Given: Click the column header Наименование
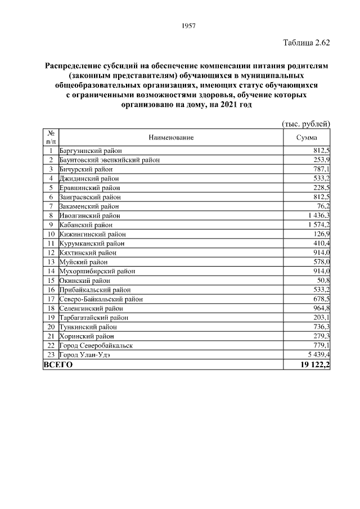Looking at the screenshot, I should coord(171,137).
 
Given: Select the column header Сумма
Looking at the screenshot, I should coord(307,137).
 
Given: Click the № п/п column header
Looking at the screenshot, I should coord(51,137).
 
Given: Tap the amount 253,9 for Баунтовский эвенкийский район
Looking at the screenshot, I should coord(321,160).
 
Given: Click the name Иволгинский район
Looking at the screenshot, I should coord(89,215).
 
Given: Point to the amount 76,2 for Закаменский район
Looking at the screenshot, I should coord(322,206).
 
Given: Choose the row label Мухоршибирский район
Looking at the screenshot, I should coord(96,271).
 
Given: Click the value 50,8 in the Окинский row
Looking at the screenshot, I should coord(322,280).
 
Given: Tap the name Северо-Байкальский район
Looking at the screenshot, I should coord(101,299).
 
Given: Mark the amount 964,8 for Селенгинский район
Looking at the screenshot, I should coord(321,308).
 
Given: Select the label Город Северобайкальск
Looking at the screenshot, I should coord(96,345).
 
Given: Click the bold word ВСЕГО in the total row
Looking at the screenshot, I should coord(58,364).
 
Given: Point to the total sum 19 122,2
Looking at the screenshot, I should coord(315,364).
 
